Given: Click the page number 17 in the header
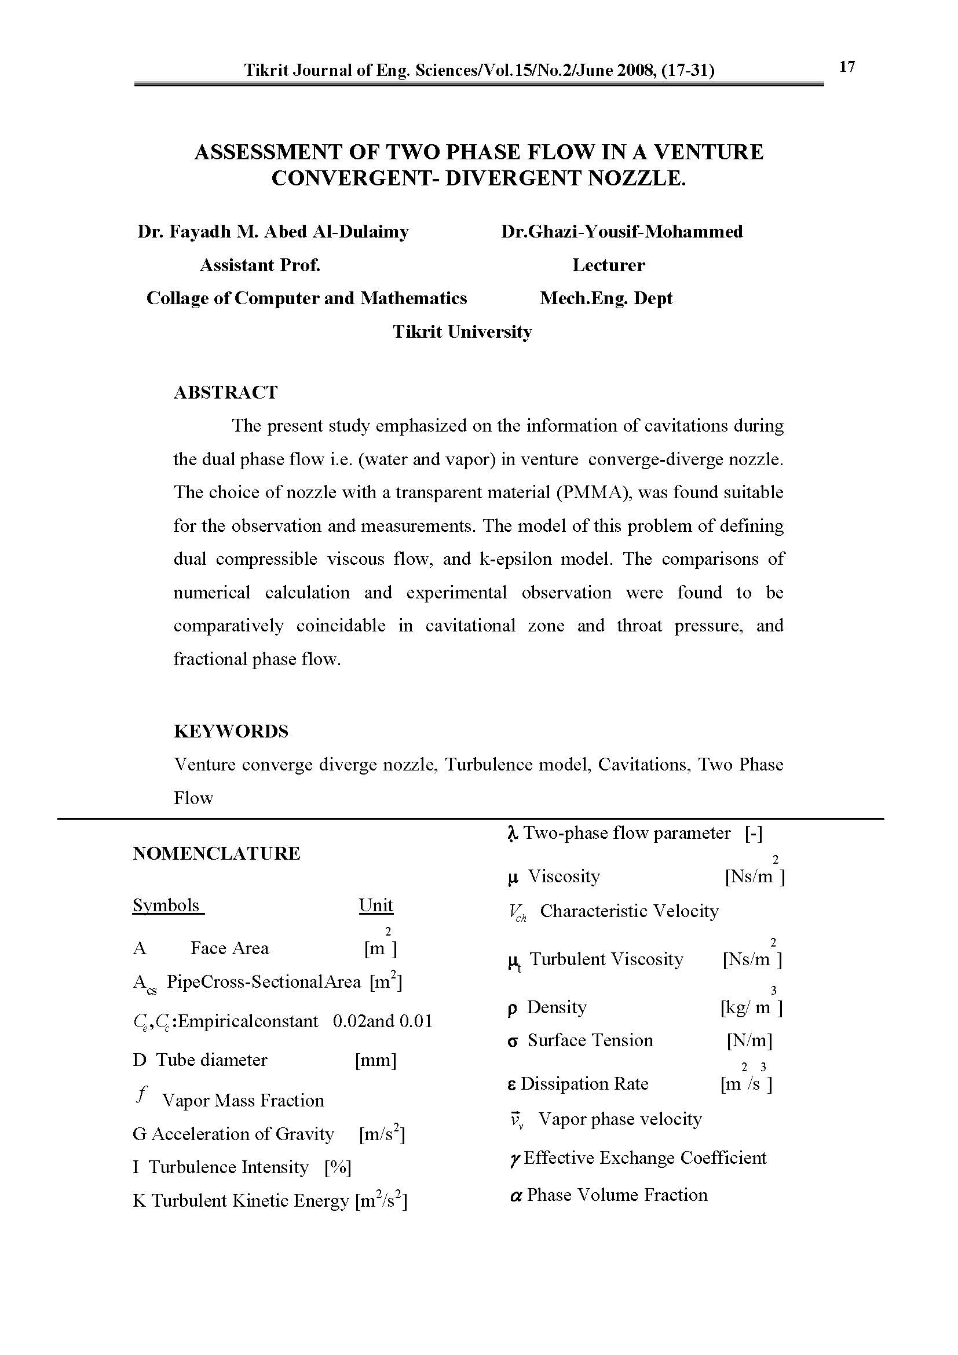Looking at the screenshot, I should (847, 67).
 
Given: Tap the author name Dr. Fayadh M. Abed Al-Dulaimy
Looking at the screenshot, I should (273, 232).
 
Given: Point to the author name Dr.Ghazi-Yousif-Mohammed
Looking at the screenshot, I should (621, 232).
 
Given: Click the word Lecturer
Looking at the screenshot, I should (608, 265).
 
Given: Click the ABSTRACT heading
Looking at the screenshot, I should (225, 393).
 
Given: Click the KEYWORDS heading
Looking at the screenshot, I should (231, 732).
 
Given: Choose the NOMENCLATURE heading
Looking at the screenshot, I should (217, 854).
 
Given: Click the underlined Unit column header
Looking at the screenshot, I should (376, 906).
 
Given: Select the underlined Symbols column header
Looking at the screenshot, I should (166, 906).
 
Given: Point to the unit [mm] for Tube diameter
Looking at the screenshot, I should (376, 1061).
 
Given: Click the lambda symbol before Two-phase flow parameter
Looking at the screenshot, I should (512, 833).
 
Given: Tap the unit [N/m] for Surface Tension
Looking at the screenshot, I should (749, 1040).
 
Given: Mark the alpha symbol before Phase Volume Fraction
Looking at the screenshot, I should (515, 1195).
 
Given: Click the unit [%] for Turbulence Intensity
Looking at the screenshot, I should (338, 1167).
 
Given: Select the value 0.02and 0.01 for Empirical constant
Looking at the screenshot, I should (382, 1021).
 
